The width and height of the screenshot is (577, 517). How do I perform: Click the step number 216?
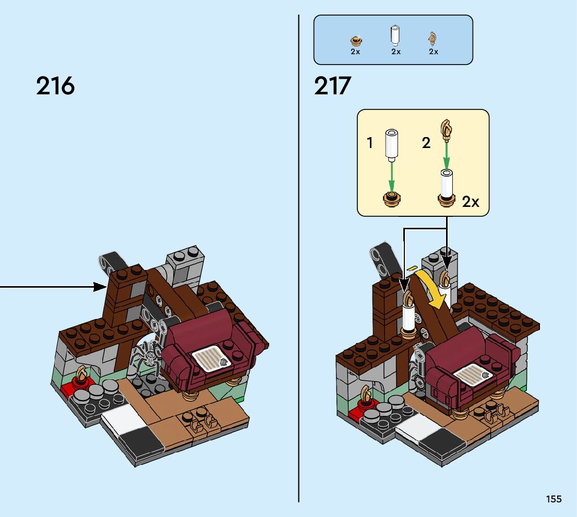point(55,86)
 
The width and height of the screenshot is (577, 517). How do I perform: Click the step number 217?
point(333,86)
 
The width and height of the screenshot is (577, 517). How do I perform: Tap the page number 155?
point(554,499)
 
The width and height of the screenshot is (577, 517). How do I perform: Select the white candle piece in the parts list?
point(395,36)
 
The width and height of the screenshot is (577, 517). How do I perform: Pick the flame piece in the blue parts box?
point(432,38)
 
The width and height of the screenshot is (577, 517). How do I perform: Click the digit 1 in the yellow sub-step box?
point(370,143)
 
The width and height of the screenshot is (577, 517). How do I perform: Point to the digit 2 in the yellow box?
point(426,143)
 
